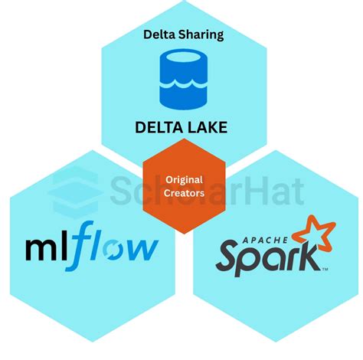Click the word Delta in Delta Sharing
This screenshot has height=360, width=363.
[159, 34]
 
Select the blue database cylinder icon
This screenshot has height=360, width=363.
[181, 79]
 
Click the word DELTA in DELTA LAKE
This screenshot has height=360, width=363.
[161, 127]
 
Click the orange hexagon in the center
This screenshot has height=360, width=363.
[184, 186]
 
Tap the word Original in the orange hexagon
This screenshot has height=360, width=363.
[184, 180]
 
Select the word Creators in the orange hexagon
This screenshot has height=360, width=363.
[184, 193]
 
